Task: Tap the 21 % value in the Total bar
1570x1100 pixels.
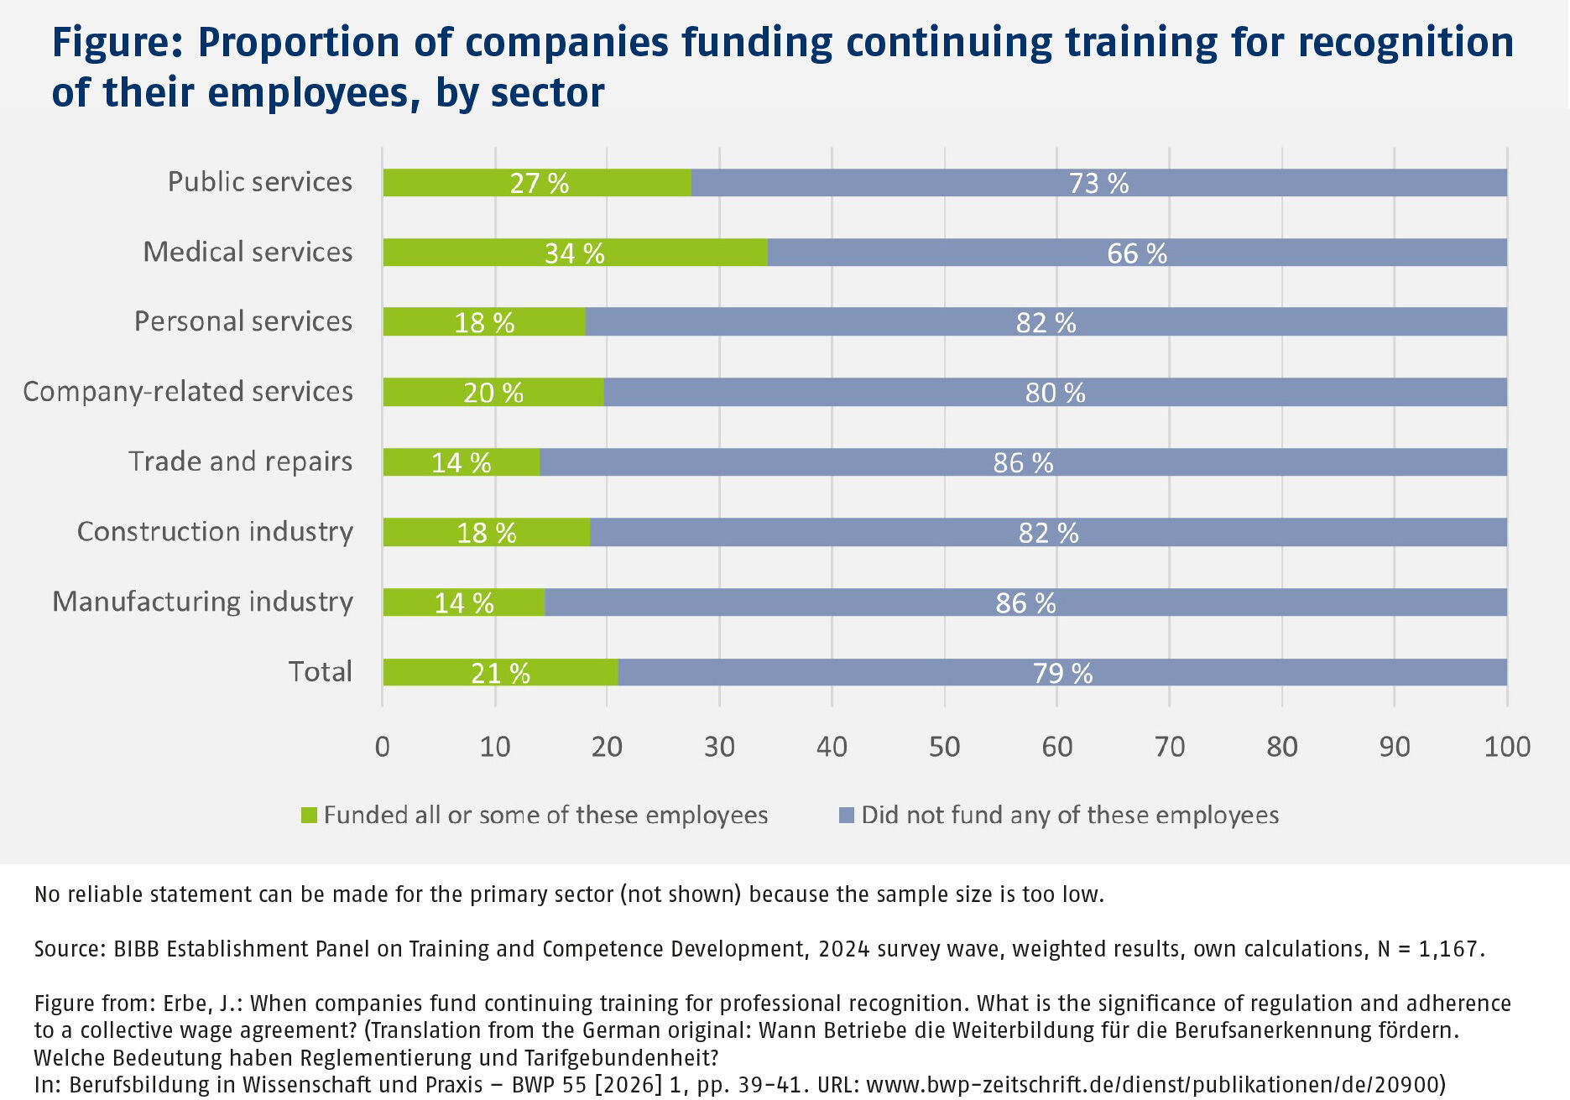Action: (x=500, y=673)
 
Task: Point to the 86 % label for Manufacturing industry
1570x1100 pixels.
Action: (x=1025, y=602)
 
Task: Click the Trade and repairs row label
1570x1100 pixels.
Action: (x=240, y=461)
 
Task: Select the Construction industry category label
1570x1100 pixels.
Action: (x=215, y=531)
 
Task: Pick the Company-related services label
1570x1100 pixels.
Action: (x=188, y=392)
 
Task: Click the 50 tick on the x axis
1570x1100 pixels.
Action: (x=944, y=746)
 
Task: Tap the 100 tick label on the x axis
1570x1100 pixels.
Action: (x=1507, y=746)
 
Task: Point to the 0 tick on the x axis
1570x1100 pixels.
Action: (x=383, y=746)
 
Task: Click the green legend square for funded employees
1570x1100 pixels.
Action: (x=309, y=815)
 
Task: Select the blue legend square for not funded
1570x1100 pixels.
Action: (x=847, y=815)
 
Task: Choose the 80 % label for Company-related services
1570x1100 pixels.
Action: (x=1055, y=393)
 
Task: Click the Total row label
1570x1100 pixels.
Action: (x=320, y=671)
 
